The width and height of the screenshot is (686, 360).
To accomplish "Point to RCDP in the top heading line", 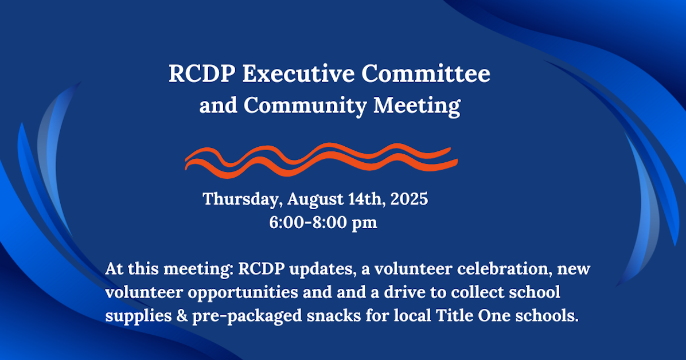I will [201, 75].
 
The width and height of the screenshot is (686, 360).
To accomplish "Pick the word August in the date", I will [315, 199].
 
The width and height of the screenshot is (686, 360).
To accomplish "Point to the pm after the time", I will [365, 224].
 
